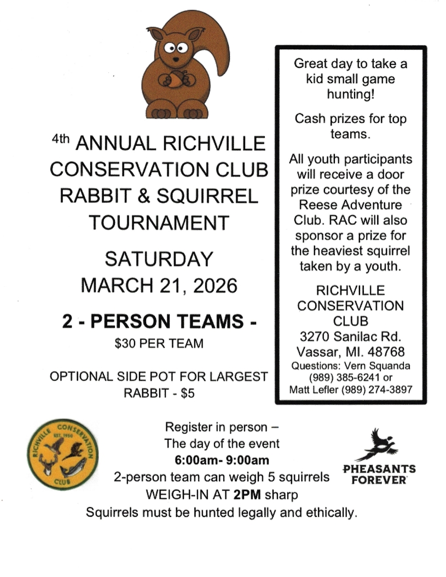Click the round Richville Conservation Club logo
[x=61, y=455]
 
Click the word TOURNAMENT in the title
[x=159, y=223]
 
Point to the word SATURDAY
[x=159, y=258]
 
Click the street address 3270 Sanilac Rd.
[x=350, y=335]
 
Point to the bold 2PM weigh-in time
[x=246, y=495]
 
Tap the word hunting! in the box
[x=350, y=93]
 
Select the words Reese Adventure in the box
[x=350, y=205]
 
